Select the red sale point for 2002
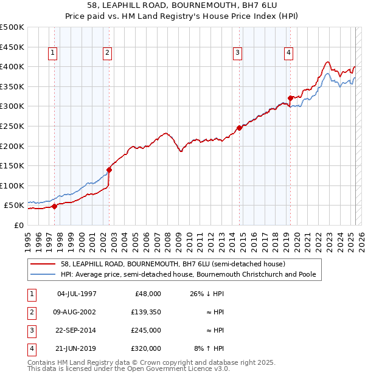click(x=109, y=170)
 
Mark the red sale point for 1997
click(x=54, y=206)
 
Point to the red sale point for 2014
click(x=239, y=128)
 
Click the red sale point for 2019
click(x=290, y=98)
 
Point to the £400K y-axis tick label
click(x=12, y=66)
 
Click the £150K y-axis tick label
click(x=12, y=165)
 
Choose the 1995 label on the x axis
click(x=27, y=237)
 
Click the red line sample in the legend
click(x=44, y=264)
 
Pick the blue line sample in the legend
click(x=44, y=275)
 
